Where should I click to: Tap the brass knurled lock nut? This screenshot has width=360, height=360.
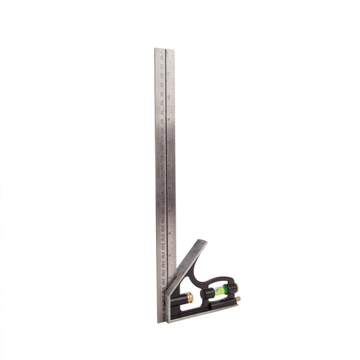point(190,297)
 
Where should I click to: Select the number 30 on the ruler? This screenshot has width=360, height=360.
point(162,76)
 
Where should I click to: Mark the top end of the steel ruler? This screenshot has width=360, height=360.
point(164,49)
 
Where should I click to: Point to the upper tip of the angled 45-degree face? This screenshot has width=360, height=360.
point(202,241)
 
